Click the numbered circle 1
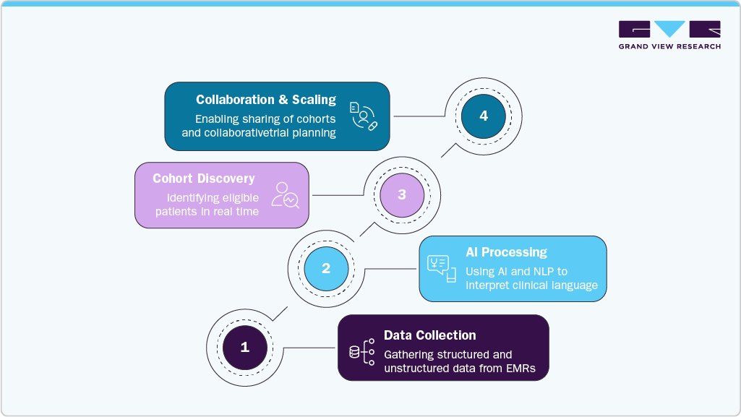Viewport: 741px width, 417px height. point(244,347)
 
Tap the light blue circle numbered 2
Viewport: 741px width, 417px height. point(326,268)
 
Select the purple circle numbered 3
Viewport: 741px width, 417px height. point(402,194)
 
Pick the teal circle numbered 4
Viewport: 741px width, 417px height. point(484,116)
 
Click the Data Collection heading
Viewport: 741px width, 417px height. point(429,335)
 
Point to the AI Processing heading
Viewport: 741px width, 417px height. point(506,252)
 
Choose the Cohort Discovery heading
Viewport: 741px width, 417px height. point(204,179)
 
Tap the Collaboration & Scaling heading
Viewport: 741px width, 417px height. point(266,100)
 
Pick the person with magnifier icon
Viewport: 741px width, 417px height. point(285,195)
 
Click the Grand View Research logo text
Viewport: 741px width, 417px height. point(669,46)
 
